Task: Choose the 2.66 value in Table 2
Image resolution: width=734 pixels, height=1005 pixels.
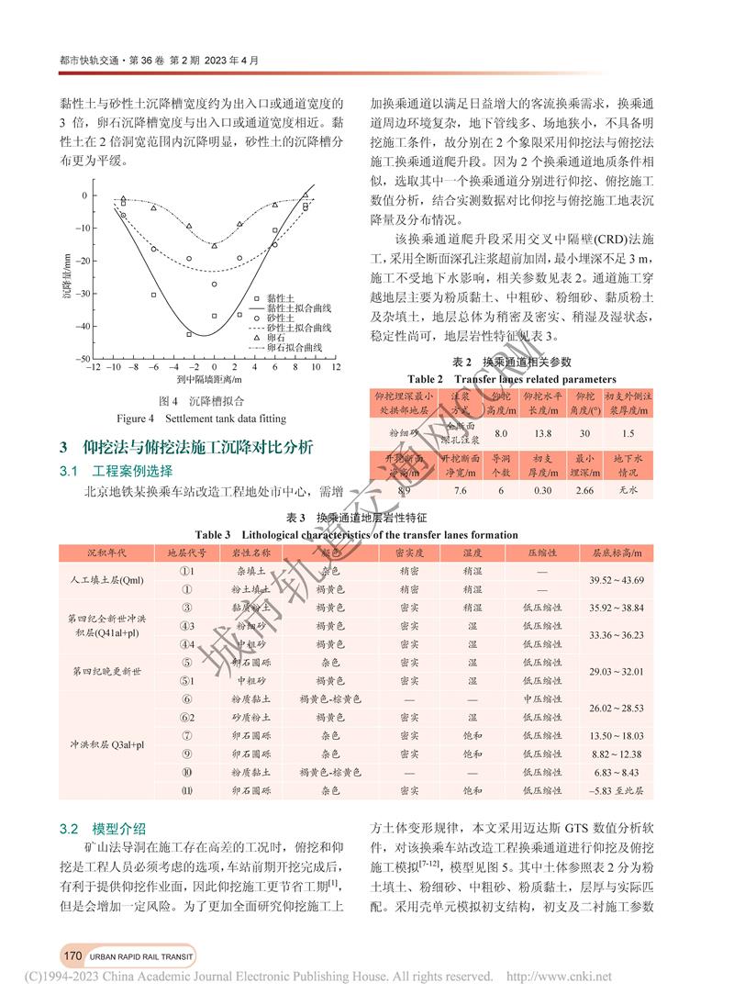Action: point(584,491)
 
